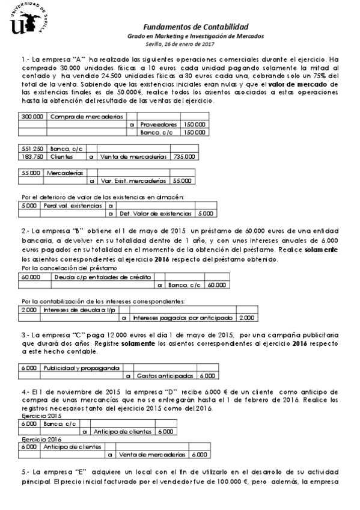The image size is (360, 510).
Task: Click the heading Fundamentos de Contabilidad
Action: pyautogui.click(x=196, y=27)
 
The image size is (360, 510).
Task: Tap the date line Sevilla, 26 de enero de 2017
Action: pyautogui.click(x=180, y=43)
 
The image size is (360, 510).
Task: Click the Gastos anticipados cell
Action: pyautogui.click(x=165, y=375)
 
